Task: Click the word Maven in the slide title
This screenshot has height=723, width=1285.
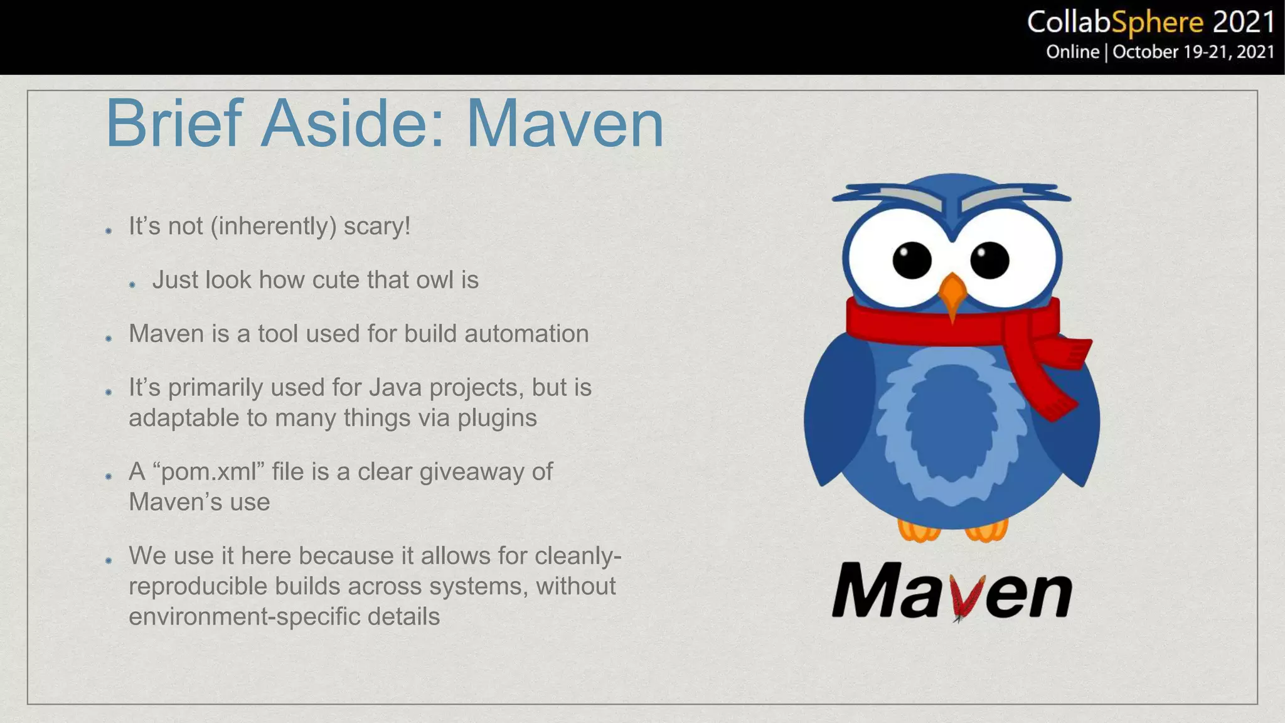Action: (565, 124)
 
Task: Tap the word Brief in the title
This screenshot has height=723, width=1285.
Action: (174, 124)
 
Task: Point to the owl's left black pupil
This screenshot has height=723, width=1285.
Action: (912, 260)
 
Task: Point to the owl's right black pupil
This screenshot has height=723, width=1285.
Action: (989, 260)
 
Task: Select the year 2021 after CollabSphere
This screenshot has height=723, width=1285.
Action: (1244, 23)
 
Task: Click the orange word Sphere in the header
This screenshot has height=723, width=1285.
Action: (1158, 24)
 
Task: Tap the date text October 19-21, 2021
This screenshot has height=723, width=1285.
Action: (1193, 51)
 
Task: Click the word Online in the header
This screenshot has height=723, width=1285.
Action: (1072, 51)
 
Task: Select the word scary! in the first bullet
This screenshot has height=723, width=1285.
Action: (376, 226)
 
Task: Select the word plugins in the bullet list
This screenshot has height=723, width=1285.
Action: (497, 418)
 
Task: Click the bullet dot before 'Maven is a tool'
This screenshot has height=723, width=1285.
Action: (109, 338)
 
